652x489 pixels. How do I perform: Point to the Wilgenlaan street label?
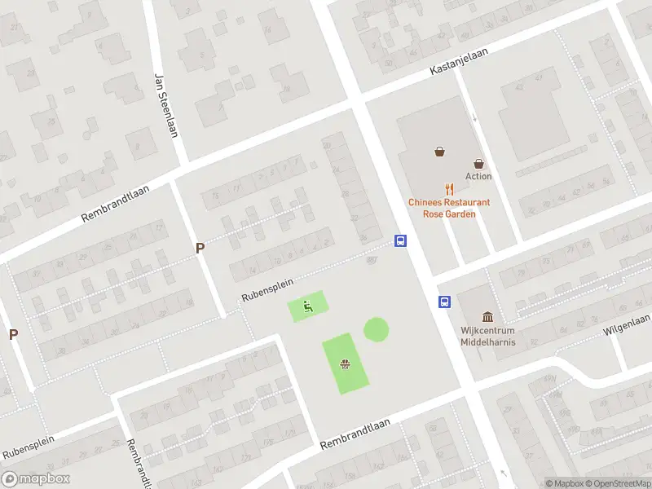pos(627,325)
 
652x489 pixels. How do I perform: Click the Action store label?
pos(478,176)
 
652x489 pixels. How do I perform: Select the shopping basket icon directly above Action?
pos(478,164)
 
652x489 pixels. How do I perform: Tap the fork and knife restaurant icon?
pos(449,188)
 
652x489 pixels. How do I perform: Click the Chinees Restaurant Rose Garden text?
pos(449,208)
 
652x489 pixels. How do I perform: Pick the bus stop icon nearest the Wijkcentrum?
pos(445,302)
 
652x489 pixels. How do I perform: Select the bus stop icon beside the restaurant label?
pos(400,240)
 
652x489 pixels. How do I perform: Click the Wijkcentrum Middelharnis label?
pos(487,337)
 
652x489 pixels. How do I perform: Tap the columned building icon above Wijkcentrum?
pos(487,316)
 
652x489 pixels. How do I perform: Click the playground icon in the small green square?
pos(307,306)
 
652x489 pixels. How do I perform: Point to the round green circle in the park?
pos(376,329)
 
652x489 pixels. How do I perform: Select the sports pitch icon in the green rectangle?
pos(345,364)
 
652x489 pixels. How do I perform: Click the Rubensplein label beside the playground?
pos(267,289)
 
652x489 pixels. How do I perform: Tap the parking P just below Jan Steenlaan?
pos(199,248)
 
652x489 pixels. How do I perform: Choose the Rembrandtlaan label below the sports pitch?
pos(355,434)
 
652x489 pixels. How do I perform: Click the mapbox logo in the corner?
pos(36,479)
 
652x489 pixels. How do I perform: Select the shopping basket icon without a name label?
pos(439,151)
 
